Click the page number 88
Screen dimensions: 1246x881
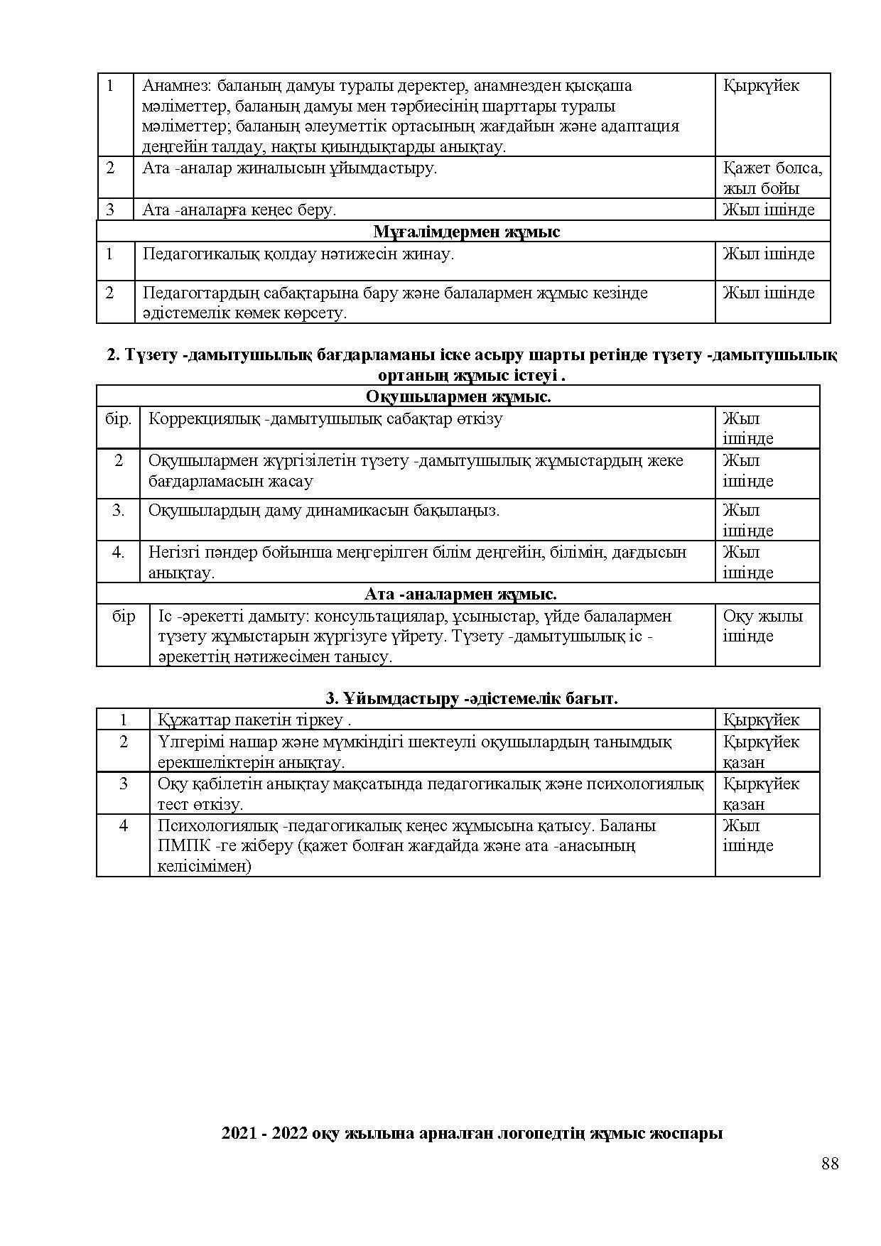point(830,1164)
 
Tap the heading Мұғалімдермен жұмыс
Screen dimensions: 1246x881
point(466,232)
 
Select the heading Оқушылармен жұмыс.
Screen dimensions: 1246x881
point(458,396)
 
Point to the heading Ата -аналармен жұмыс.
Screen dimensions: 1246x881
point(460,594)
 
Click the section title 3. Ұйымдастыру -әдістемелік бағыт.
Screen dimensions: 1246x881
point(471,698)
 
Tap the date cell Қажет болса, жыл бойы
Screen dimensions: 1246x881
point(772,178)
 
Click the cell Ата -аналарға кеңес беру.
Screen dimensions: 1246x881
point(239,210)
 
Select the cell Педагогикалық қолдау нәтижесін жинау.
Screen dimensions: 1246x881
point(298,254)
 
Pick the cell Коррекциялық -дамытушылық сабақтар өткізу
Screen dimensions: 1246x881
point(325,418)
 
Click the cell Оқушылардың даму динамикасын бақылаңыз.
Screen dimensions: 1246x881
point(324,510)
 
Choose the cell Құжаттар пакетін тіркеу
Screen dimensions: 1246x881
point(254,720)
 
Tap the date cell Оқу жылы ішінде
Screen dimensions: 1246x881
point(762,626)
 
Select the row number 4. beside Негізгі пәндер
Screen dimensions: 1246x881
point(119,552)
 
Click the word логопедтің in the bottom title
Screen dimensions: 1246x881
point(546,1133)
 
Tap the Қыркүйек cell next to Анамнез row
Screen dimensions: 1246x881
point(761,86)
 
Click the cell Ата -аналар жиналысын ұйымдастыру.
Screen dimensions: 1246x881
point(290,168)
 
